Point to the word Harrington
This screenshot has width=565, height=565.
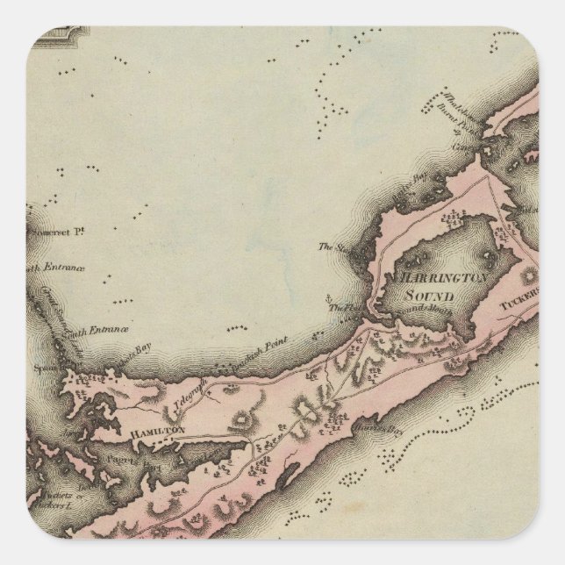click(x=445, y=279)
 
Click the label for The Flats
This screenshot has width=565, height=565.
click(x=341, y=309)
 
